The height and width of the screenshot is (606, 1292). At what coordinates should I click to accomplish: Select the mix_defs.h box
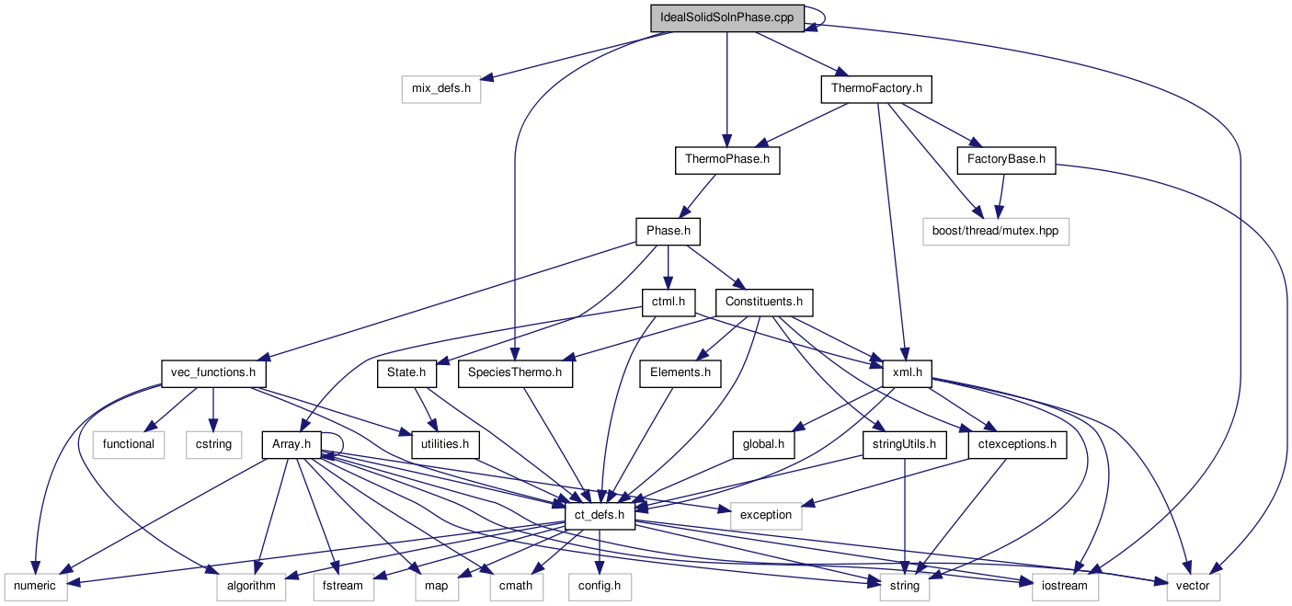(441, 89)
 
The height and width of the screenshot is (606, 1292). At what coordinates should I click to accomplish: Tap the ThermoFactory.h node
(876, 89)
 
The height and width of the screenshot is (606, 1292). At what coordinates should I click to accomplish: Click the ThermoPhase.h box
(726, 160)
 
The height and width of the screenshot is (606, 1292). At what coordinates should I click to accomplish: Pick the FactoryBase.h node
(1006, 160)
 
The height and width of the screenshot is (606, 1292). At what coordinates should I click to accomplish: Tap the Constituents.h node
(764, 302)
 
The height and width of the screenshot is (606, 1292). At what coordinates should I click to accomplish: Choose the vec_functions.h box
(212, 373)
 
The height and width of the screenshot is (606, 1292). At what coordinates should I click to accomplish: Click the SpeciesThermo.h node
(514, 373)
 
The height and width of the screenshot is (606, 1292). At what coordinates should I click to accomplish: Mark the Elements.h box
(680, 373)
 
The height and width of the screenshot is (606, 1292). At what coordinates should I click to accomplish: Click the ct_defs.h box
(599, 515)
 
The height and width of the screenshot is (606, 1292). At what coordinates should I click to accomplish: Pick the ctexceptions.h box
(1017, 445)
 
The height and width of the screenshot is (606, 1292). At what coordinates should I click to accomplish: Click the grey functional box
(129, 445)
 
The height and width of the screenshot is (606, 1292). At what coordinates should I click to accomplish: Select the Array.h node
(292, 445)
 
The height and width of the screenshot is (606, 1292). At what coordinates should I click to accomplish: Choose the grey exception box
(765, 515)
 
